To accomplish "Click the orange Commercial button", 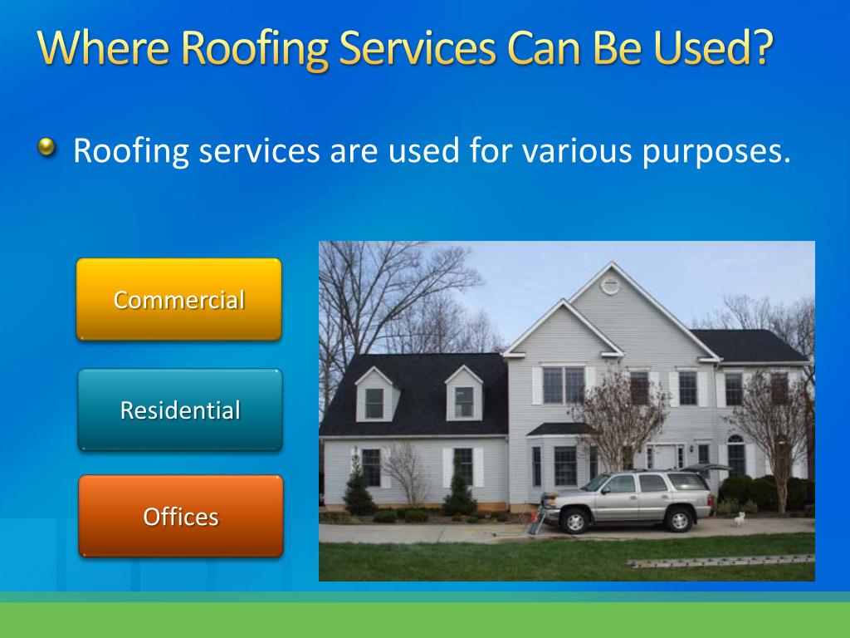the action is [179, 299].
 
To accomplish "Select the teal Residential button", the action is [180, 410].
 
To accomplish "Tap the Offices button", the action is [181, 516].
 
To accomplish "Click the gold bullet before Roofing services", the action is [47, 147].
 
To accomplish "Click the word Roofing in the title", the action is [255, 49].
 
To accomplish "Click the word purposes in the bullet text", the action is [716, 152].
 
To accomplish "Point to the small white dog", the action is [740, 519].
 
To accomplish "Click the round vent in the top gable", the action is [610, 285].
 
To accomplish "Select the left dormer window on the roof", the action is [374, 403].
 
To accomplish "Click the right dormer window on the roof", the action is [464, 402].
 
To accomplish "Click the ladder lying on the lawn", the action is [721, 561].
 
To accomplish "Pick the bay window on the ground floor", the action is [564, 465].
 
